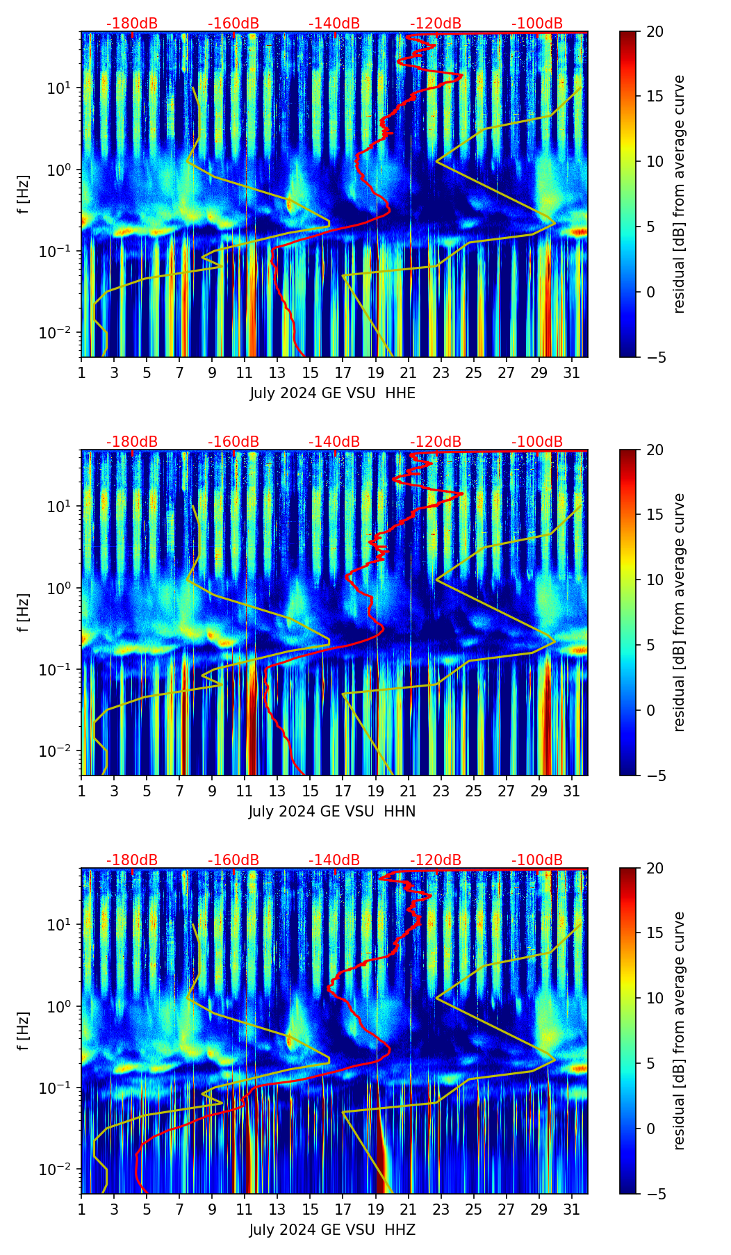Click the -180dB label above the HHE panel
coord(132,24)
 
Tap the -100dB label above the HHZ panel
coord(537,860)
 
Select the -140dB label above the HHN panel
coord(334,442)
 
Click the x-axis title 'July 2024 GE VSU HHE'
coord(332,393)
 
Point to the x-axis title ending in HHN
coord(332,812)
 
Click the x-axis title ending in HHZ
coord(332,1230)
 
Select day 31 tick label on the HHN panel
coord(571,791)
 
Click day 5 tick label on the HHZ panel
coord(147,1210)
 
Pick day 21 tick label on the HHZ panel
coord(408,1210)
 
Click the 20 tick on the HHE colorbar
coord(655,32)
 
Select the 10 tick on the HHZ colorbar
coord(655,999)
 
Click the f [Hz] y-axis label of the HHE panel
coord(25,195)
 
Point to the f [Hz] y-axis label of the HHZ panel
coord(25,1031)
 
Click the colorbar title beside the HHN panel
coord(680,612)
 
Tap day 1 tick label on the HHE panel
coord(81,373)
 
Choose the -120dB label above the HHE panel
coord(436,24)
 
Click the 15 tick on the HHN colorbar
coord(655,515)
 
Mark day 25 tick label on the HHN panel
coord(473,791)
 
